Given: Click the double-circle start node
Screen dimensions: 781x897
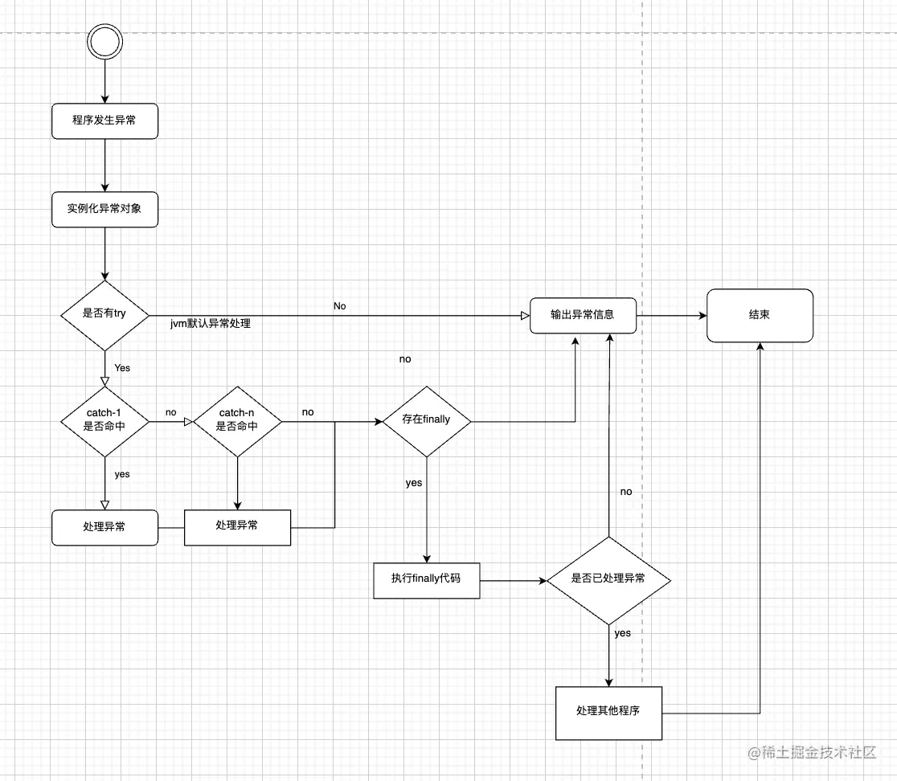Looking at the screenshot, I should [104, 39].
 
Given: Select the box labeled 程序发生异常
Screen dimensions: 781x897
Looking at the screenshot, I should [104, 121].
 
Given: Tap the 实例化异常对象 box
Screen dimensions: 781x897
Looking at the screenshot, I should [104, 208].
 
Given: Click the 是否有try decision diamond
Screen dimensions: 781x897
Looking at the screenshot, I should [104, 314].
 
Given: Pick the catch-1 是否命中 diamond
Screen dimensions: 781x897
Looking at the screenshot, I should [104, 419].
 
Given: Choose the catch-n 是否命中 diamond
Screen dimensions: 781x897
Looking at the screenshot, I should [237, 419].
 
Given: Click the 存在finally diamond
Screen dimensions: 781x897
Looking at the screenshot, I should [426, 419].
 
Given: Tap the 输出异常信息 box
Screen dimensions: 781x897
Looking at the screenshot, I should [583, 315].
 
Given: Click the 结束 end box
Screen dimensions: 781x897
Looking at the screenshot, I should [760, 315].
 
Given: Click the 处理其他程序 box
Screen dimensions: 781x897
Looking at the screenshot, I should [608, 712].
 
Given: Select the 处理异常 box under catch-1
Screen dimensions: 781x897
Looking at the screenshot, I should [104, 527].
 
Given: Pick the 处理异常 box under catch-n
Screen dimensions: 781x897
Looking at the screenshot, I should [237, 525].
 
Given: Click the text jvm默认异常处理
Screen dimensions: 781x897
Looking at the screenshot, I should [211, 324].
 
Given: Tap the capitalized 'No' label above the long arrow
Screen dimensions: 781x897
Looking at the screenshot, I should [340, 306].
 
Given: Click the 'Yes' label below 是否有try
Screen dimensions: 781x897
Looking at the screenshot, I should [122, 368].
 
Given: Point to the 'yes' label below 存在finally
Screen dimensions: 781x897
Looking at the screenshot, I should [413, 484].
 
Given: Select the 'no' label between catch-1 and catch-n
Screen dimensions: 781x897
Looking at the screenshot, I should [171, 412].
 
